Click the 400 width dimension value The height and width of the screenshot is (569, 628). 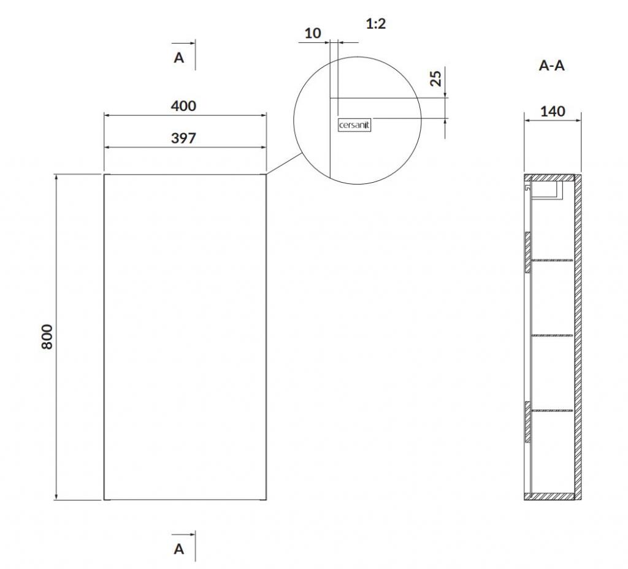pyautogui.click(x=183, y=105)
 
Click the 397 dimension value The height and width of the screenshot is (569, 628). pyautogui.click(x=183, y=138)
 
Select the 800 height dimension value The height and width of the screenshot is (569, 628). pyautogui.click(x=47, y=337)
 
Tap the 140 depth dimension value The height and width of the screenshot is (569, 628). pyautogui.click(x=553, y=112)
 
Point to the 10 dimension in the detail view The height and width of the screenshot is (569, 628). pyautogui.click(x=312, y=33)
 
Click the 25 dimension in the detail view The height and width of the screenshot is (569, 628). pyautogui.click(x=436, y=78)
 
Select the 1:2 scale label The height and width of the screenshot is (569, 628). pyautogui.click(x=376, y=24)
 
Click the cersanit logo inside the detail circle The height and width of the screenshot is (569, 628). pyautogui.click(x=354, y=125)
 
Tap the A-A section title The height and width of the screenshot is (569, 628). pyautogui.click(x=551, y=65)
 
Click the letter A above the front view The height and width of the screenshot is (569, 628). pyautogui.click(x=178, y=58)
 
